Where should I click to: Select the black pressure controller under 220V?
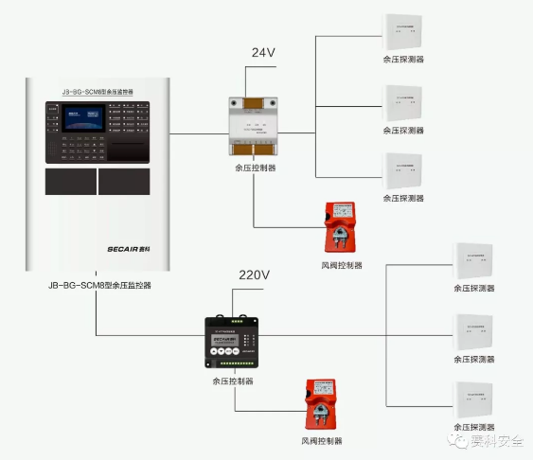pos(233,343)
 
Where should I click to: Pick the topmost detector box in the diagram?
pos(403,35)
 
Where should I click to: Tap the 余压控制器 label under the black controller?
pos(233,381)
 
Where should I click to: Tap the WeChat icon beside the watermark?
pos(463,442)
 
